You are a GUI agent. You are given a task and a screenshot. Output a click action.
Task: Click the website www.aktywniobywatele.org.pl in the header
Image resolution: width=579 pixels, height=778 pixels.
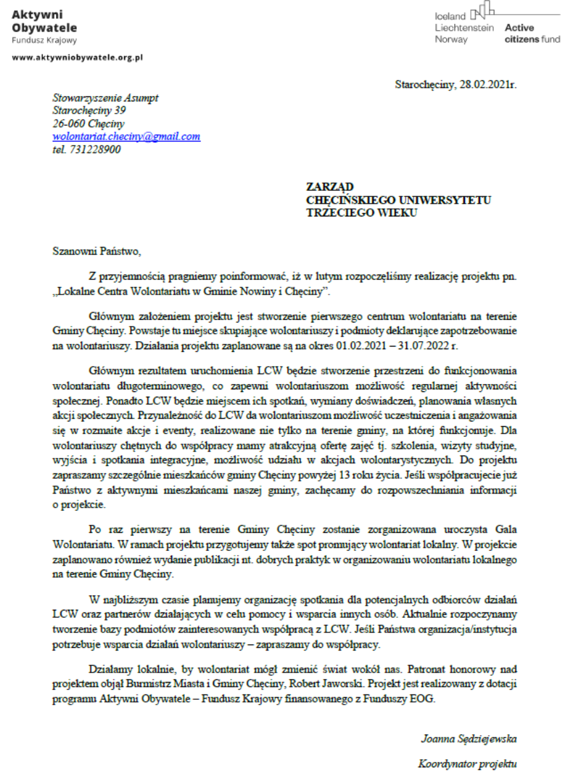click(77, 58)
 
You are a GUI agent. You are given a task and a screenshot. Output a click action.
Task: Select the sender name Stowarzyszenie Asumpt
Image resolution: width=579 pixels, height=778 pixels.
click(105, 98)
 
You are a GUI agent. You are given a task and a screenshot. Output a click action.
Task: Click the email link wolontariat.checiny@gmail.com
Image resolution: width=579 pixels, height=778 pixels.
click(127, 136)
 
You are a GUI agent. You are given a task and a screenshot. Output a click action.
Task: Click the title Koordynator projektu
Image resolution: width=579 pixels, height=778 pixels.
click(468, 763)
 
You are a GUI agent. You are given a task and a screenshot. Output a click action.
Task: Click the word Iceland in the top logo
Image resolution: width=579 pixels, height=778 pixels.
click(451, 16)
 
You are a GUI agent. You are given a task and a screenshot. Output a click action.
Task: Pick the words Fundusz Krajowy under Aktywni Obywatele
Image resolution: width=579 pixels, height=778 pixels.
click(44, 40)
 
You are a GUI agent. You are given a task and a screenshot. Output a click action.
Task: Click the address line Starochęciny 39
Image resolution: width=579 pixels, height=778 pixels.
click(89, 111)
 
